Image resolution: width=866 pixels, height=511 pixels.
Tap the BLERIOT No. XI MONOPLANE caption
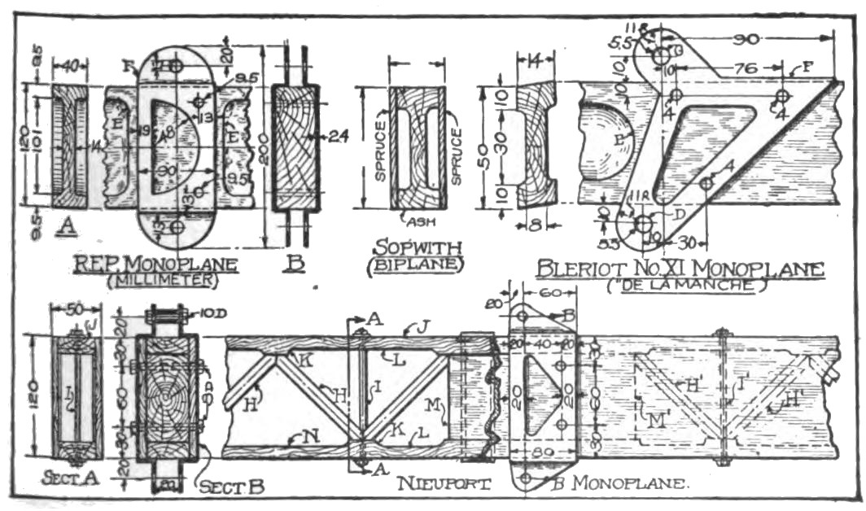point(680,269)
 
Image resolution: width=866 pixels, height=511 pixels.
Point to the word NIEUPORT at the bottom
point(444,484)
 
